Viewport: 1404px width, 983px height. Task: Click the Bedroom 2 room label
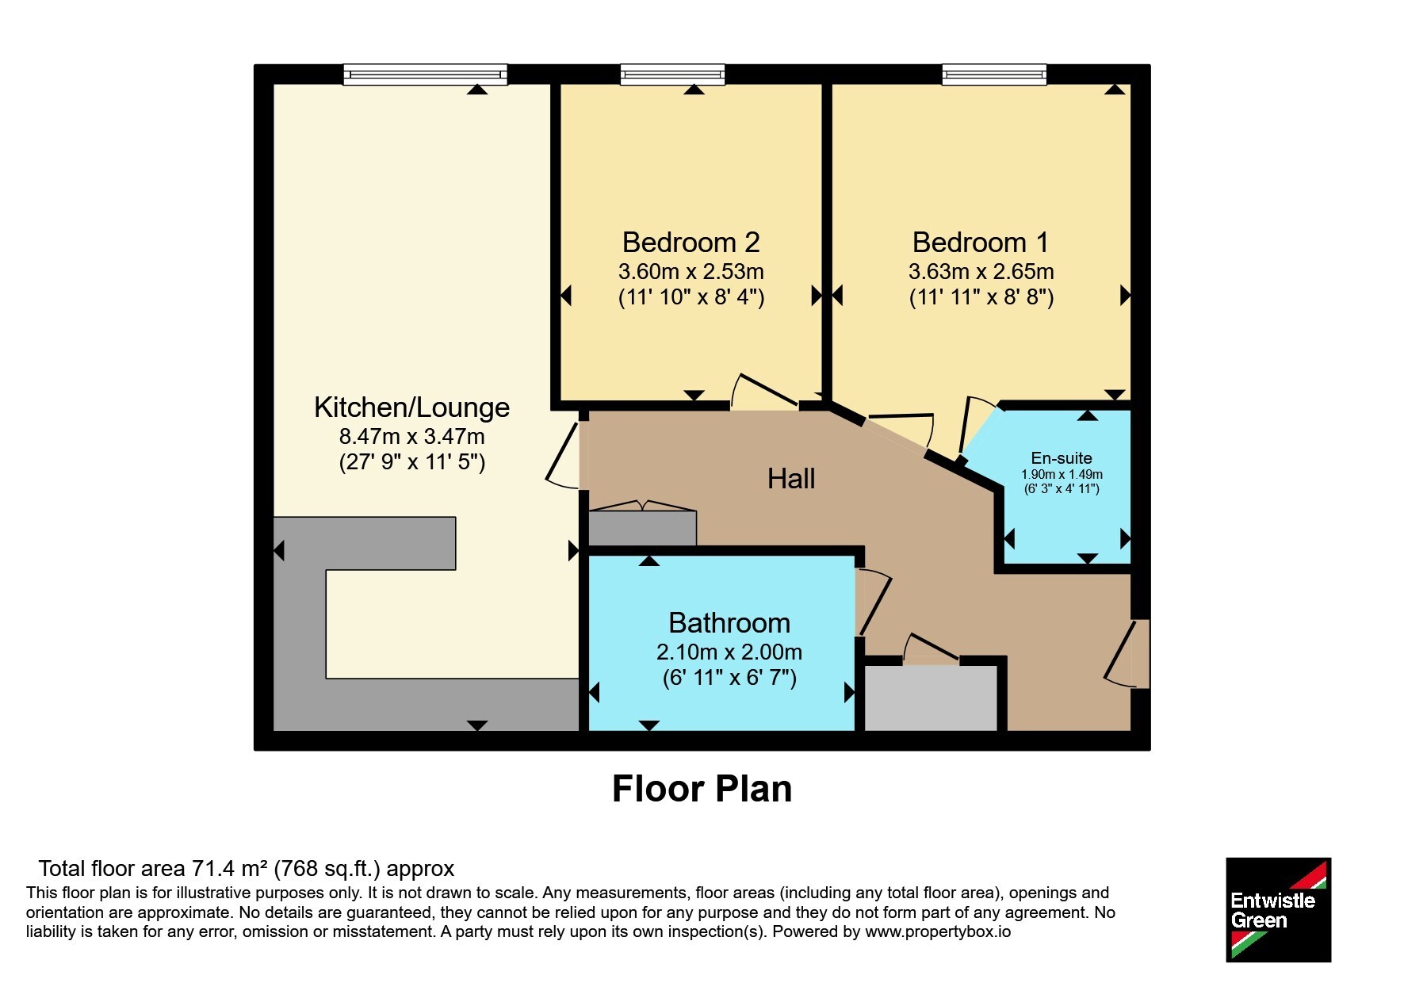point(691,242)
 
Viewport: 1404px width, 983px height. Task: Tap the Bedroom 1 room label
point(981,242)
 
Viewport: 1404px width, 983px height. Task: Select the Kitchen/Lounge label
point(411,407)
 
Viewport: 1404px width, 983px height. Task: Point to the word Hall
point(791,479)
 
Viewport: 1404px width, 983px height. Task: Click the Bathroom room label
point(729,623)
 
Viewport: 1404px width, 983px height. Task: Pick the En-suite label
point(1062,458)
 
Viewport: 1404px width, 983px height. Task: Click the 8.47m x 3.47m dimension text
point(411,437)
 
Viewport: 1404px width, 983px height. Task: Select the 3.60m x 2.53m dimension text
point(691,272)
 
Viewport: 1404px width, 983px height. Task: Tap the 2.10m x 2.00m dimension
point(729,652)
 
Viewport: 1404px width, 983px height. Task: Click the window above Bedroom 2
point(672,75)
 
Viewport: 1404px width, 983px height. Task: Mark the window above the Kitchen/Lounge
point(425,75)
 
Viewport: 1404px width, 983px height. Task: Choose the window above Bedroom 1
point(994,75)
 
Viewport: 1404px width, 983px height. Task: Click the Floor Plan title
point(702,789)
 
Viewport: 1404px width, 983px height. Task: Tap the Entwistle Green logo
point(1278,910)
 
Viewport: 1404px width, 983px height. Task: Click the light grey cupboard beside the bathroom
point(931,698)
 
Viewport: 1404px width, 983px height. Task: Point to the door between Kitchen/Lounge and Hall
point(564,455)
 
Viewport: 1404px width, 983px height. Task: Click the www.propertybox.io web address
point(938,931)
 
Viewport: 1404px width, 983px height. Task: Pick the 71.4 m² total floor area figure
point(230,869)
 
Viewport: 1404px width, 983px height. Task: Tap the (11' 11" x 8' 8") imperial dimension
point(981,297)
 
